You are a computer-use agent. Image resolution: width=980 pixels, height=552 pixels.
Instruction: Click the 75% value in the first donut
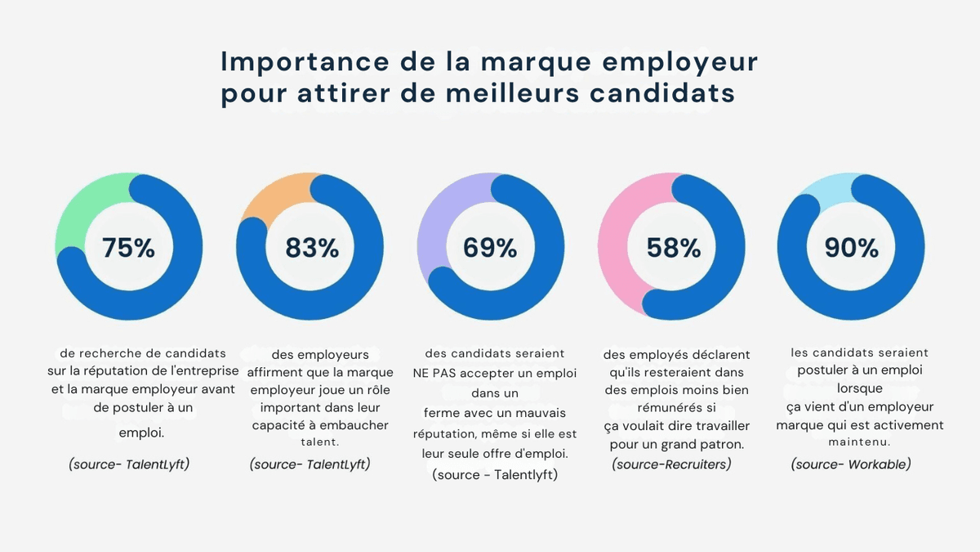click(x=128, y=248)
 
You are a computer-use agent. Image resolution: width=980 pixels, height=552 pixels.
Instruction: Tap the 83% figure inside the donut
click(x=311, y=248)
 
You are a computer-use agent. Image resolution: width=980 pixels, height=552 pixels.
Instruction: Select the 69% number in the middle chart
click(x=490, y=248)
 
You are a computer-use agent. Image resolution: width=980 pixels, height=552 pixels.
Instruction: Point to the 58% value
click(x=673, y=248)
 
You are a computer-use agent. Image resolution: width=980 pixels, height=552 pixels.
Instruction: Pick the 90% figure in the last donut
click(x=851, y=248)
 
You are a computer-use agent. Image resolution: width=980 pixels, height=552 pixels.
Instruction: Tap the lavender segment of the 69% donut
click(x=438, y=221)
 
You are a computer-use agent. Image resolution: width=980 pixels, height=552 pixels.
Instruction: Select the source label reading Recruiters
click(x=670, y=464)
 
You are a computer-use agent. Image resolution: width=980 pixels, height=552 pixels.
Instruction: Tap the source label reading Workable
click(x=850, y=464)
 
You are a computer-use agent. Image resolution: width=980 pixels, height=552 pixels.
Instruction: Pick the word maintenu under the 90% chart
click(x=858, y=442)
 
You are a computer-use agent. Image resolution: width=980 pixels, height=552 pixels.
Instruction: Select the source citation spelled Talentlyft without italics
click(x=495, y=474)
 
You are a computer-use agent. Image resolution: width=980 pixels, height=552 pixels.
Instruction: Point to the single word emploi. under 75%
click(x=141, y=433)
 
